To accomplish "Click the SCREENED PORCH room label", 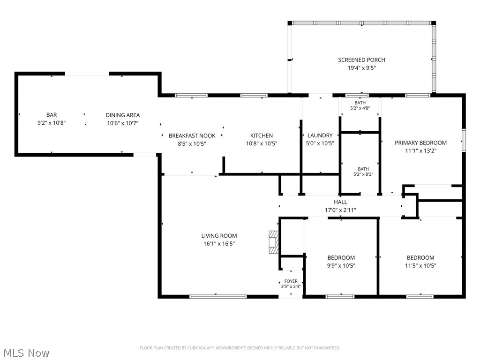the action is tap(361, 60).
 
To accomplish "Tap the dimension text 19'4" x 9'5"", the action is tap(361, 68).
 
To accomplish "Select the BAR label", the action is tap(52, 115).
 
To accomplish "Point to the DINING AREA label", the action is tap(123, 115).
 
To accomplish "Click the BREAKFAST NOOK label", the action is tap(192, 135).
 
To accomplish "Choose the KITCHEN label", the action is tap(262, 135).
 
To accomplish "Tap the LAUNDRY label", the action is tap(320, 135).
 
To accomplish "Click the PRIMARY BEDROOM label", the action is tap(420, 142).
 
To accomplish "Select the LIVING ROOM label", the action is tap(219, 236).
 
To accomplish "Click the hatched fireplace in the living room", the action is tap(273, 242).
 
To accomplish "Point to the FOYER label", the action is tap(291, 281).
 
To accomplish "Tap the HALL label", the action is tap(340, 202).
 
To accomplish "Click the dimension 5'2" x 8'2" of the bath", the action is tap(363, 174).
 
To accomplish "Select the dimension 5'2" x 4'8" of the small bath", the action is tap(360, 108).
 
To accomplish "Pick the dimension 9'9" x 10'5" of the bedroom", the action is tap(341, 266).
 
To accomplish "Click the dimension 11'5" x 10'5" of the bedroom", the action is tap(420, 266).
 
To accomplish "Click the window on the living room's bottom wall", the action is tap(218, 296).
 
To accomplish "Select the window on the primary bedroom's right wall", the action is tap(464, 141).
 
